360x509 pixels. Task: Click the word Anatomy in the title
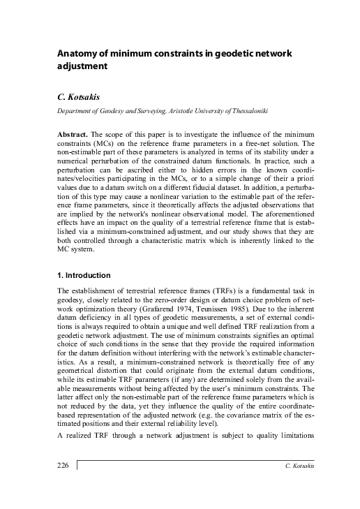[75, 54]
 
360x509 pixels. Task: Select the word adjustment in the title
[82, 68]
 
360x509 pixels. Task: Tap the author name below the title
[76, 96]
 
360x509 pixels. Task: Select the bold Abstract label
[74, 133]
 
